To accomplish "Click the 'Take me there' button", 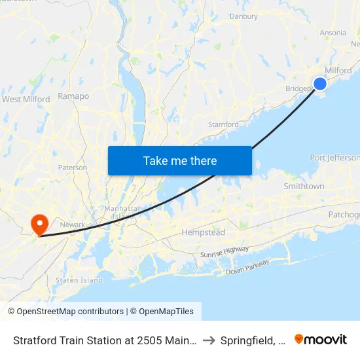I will pos(180,160).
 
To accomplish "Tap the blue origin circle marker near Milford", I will pos(320,83).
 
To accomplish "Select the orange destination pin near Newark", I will pos(40,224).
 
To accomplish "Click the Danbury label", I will pos(243,16).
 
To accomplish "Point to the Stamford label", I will pos(223,124).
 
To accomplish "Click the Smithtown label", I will pos(304,187).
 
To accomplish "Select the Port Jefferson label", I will pos(334,158).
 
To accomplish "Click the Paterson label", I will pos(72,168).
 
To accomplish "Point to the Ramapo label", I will pos(73,96).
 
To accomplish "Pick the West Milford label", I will pos(26,99).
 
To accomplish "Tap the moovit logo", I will pos(321,340).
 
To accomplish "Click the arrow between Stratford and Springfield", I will pos(208,340).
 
